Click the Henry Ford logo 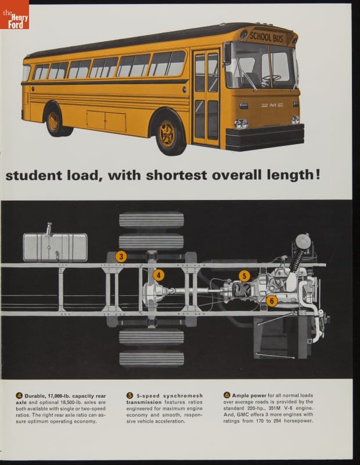tap(15, 15)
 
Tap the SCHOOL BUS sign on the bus tap(267, 37)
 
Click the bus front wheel tap(168, 134)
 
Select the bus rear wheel tap(54, 121)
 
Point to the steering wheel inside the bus tap(271, 78)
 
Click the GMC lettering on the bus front tap(272, 105)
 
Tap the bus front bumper tap(265, 137)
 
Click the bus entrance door tap(207, 98)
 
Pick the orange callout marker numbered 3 tap(121, 256)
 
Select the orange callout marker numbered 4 tap(159, 276)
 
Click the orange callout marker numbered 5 tap(244, 276)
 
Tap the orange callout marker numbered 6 tap(272, 301)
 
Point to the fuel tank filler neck tap(48, 229)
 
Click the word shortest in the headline tap(177, 175)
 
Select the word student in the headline tap(34, 176)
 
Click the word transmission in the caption tap(144, 402)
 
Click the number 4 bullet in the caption tap(19, 396)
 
